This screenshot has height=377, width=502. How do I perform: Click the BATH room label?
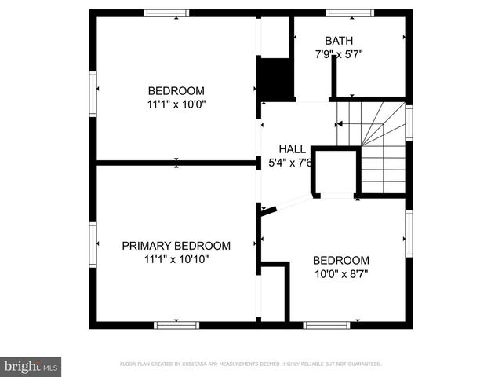(339, 41)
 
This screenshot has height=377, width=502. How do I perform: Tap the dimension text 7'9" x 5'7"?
(339, 54)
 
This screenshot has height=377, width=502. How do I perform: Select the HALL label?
(293, 148)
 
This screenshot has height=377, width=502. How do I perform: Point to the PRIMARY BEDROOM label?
(176, 245)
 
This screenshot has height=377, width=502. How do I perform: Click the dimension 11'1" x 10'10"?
(176, 258)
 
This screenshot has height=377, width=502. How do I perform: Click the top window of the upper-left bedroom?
(167, 13)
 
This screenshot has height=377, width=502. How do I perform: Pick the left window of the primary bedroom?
(93, 245)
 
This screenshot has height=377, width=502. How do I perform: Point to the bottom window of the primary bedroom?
(176, 324)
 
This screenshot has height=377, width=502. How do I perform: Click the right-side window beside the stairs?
(409, 123)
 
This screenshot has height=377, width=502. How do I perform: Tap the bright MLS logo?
(31, 366)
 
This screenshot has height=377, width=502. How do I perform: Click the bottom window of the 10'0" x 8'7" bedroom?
(327, 324)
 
